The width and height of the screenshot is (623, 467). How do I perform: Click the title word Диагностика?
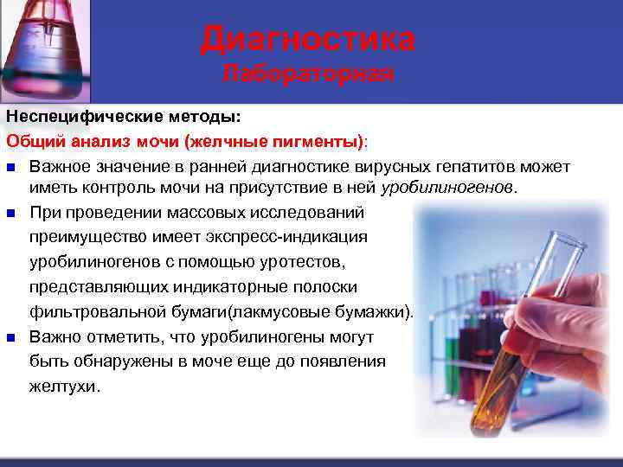pyautogui.click(x=307, y=39)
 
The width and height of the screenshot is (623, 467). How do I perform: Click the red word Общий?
pyautogui.click(x=32, y=140)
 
